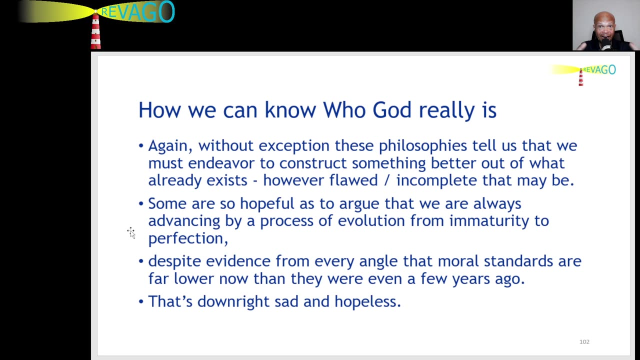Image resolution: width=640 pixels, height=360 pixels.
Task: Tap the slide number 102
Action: point(584,341)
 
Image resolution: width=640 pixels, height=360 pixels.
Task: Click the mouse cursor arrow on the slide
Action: point(131,233)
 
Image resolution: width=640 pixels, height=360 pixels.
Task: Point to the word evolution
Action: point(371,221)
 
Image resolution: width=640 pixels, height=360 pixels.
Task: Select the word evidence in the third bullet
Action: point(238,261)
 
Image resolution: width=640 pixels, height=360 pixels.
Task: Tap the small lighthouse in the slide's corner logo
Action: point(581,77)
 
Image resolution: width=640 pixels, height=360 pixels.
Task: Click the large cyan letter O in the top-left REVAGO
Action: point(166,11)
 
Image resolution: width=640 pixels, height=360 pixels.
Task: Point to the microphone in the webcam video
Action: point(605,44)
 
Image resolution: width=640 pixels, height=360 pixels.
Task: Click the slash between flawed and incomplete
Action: point(387,181)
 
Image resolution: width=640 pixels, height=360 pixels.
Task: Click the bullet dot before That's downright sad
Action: point(141,301)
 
